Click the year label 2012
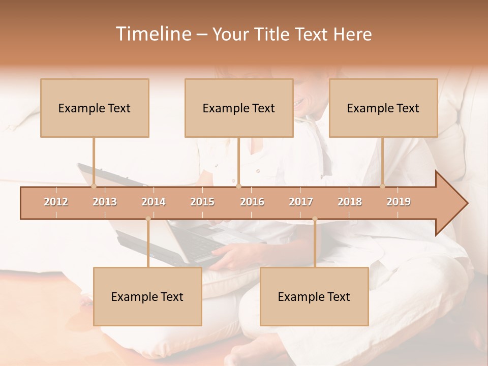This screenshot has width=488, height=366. (x=56, y=202)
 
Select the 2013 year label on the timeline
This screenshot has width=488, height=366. (x=105, y=202)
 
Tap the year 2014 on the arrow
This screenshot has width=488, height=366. (x=154, y=202)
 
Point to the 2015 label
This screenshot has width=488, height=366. (x=202, y=202)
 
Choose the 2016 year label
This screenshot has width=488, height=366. (x=252, y=202)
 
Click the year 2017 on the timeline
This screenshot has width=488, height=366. (x=301, y=202)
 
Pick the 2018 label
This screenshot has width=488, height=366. (x=350, y=202)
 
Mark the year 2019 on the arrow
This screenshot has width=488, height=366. (x=399, y=202)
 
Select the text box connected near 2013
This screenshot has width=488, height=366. (x=95, y=108)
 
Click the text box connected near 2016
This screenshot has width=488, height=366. (x=239, y=108)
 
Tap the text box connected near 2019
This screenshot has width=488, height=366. (x=383, y=108)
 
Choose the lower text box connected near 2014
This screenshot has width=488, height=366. (x=147, y=296)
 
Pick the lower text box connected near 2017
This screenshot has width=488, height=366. (x=314, y=296)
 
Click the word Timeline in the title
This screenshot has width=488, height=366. (x=152, y=34)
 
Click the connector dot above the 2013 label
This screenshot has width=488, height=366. (x=94, y=186)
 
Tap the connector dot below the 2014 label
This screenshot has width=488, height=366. (x=148, y=219)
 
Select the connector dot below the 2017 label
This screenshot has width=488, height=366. (x=315, y=219)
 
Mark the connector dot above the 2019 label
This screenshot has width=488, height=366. (x=383, y=186)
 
